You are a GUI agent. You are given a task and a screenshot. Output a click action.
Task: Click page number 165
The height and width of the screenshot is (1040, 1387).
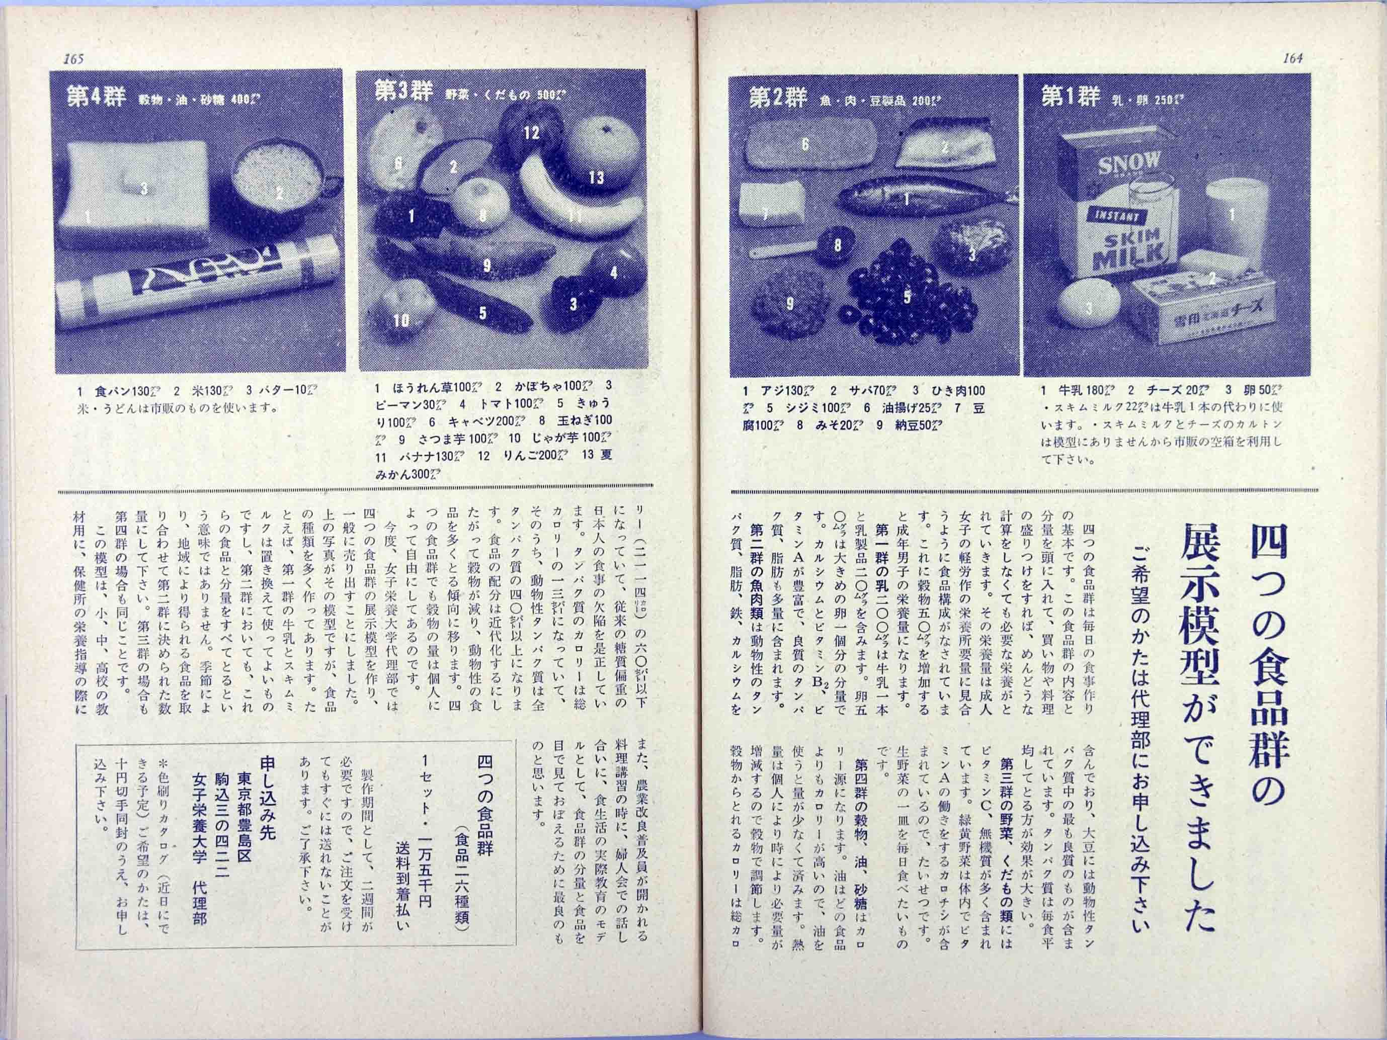click(x=73, y=59)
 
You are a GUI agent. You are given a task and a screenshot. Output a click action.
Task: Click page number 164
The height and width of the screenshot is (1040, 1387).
click(x=1292, y=58)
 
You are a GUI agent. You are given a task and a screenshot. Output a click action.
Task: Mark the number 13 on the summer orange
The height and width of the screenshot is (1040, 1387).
click(x=596, y=178)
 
